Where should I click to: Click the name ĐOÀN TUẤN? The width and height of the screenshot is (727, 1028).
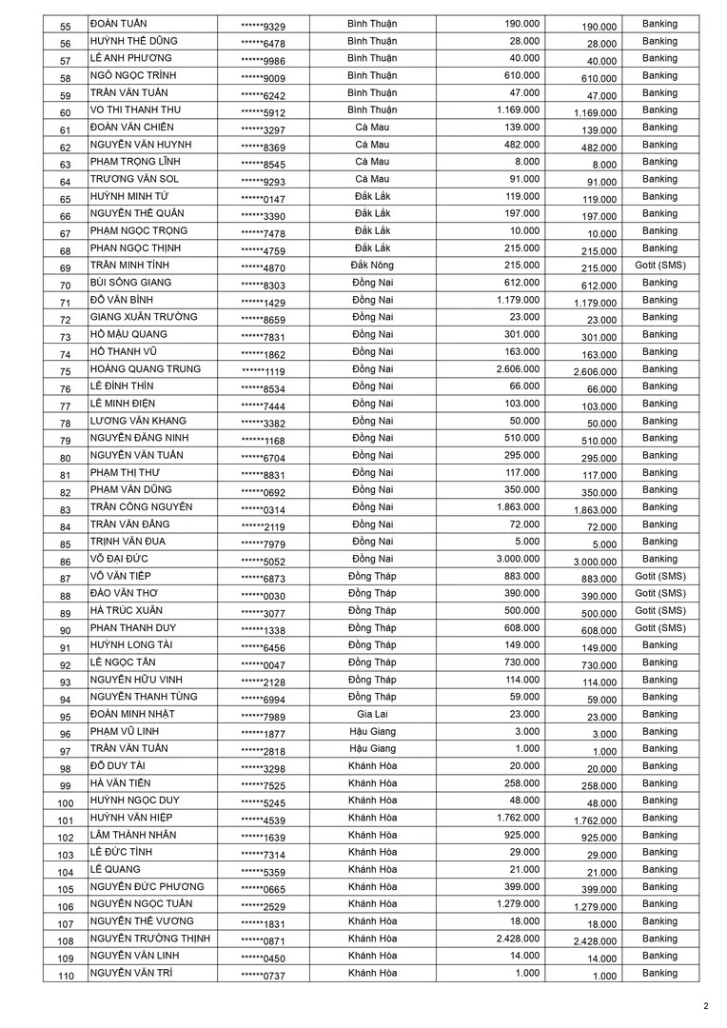click(118, 24)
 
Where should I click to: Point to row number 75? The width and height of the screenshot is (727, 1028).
click(66, 371)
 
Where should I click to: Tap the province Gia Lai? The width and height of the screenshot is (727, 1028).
click(372, 714)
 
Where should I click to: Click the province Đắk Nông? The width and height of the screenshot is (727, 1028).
click(372, 266)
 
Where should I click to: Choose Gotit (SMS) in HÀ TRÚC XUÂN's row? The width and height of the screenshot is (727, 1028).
click(659, 611)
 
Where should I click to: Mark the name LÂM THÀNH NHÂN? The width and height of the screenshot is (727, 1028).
click(133, 835)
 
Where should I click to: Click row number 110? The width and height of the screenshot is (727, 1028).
click(66, 976)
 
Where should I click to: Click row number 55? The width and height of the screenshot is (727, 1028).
click(66, 26)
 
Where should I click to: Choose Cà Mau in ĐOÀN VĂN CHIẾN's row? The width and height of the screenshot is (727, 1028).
click(372, 128)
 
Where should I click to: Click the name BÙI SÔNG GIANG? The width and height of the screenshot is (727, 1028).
click(130, 283)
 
